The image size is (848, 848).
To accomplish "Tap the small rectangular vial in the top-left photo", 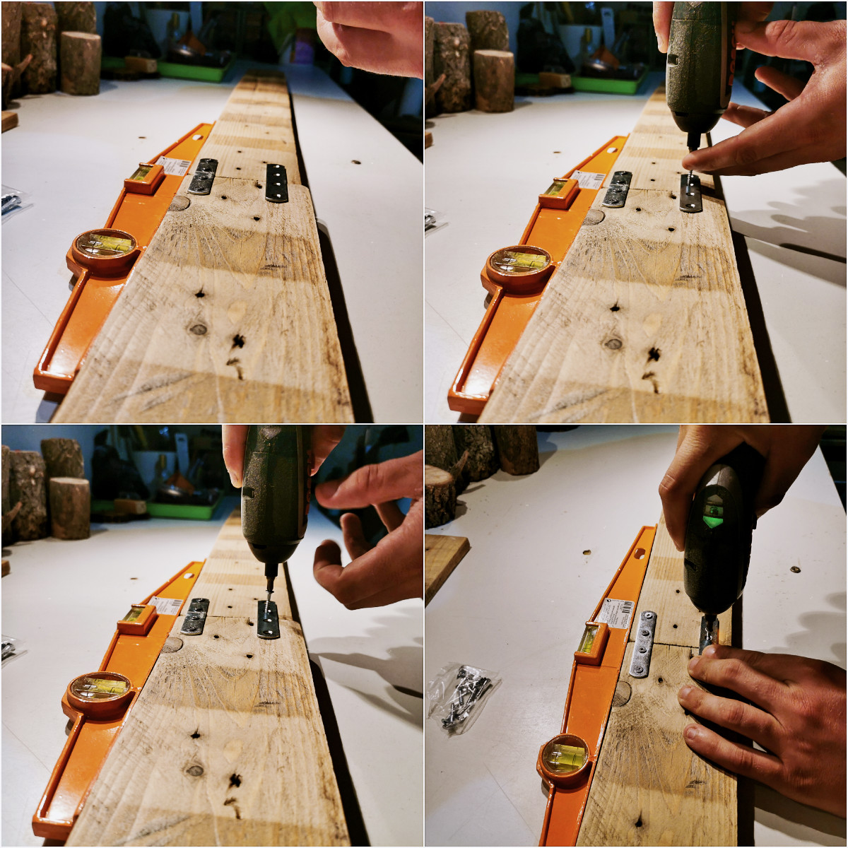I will pos(144,174).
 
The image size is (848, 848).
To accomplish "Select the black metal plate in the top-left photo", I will pos(277,183).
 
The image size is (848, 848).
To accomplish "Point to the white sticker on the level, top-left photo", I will pos(175,166).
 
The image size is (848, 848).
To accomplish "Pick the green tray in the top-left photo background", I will pos(194,69).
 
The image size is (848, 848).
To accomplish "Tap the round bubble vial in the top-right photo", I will pos(521,261).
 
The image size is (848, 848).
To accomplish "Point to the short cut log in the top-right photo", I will pos(494,79).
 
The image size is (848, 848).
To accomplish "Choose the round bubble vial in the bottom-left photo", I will pos(100,687).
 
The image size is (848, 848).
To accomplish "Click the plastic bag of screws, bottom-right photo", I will pos(464,696).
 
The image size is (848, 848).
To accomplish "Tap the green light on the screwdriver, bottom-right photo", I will pos(713,521).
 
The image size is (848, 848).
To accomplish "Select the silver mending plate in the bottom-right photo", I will pos(644,644).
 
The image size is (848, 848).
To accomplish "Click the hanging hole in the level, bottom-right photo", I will pos(641,553).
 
